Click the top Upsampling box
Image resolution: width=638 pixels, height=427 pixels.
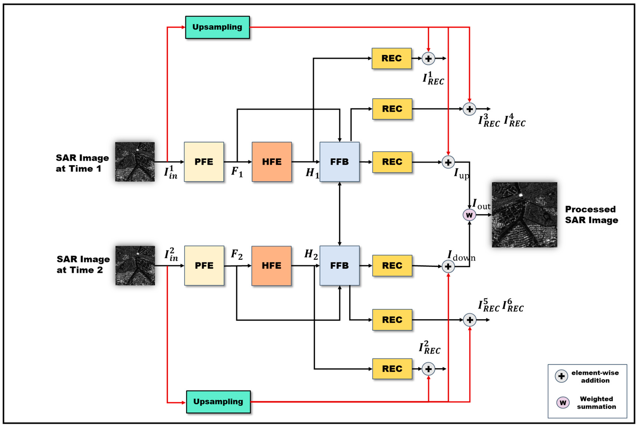pos(217,27)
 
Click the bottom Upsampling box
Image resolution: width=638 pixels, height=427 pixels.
pos(218,402)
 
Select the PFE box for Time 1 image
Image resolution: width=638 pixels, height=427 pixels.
pos(204,162)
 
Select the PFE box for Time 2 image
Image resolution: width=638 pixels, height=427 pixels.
pos(204,265)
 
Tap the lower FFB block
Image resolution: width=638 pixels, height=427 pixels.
pos(339,265)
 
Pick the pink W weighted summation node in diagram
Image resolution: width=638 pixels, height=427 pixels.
pos(469,215)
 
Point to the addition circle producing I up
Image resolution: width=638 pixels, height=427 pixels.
pos(448,162)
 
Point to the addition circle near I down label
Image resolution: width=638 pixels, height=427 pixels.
pos(448,267)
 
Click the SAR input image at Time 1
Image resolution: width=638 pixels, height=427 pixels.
pos(135,162)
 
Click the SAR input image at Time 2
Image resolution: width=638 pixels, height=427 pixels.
pos(135,265)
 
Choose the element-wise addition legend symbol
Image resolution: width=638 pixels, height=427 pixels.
pos(561,376)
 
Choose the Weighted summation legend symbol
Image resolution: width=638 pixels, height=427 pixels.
pos(563,403)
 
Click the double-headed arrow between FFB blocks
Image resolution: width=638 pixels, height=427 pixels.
pos(339,214)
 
